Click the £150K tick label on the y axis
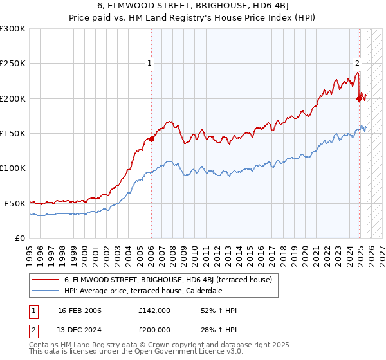pos(12,133)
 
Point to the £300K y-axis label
pos(12,29)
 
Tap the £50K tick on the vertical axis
pos(14,203)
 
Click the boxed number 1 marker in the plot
pos(149,63)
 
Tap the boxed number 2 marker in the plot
pos(357,63)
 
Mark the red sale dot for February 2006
pos(152,139)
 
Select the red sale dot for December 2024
pos(359,98)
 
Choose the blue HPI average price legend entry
pos(143,291)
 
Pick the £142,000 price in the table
pos(154,310)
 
